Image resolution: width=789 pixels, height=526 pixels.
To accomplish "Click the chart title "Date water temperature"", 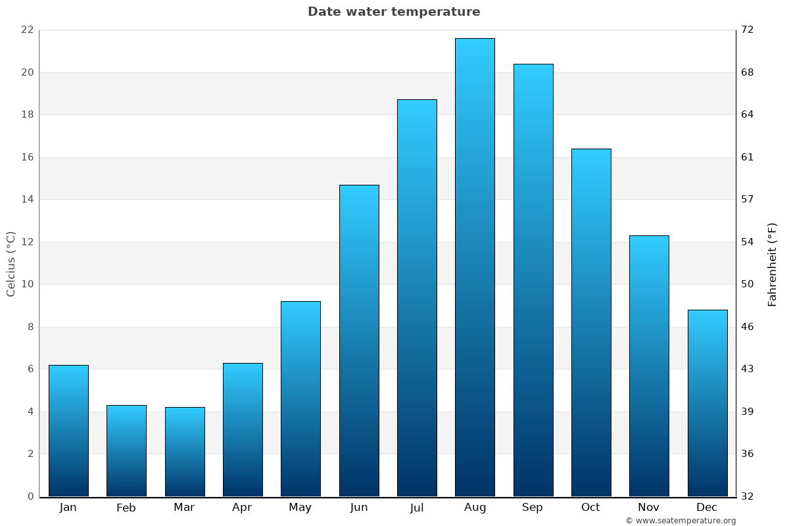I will click(394, 12).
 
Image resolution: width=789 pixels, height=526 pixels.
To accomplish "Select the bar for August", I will click(475, 267).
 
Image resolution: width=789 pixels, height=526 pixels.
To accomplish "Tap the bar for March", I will click(185, 452).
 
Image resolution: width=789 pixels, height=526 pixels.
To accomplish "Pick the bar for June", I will click(359, 341).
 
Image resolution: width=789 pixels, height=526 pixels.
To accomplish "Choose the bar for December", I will click(707, 403).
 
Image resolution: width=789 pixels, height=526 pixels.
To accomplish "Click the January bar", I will click(68, 431).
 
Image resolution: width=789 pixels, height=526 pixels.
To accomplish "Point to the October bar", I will click(591, 322).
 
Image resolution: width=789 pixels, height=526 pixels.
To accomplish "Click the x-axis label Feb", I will click(126, 508).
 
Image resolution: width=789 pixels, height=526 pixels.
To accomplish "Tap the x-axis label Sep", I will click(533, 508).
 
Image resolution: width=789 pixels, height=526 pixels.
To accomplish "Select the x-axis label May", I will click(300, 508).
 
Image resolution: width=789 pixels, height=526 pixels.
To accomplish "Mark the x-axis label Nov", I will click(649, 508).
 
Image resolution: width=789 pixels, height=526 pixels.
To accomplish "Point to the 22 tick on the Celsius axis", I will click(27, 30).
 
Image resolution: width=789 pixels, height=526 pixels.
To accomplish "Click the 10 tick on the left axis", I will click(27, 284).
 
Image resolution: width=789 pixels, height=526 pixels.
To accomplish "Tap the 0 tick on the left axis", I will click(30, 496).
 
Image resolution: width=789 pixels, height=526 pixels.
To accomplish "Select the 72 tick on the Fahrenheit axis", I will click(748, 30).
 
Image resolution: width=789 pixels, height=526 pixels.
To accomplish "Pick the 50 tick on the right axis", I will click(748, 284).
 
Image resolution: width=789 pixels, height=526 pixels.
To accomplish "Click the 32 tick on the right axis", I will click(748, 496).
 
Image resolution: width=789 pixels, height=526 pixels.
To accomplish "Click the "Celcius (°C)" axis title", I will click(11, 264).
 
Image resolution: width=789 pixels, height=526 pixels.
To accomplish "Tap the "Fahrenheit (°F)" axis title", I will click(773, 264).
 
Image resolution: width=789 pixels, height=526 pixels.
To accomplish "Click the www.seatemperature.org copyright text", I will click(681, 521).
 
